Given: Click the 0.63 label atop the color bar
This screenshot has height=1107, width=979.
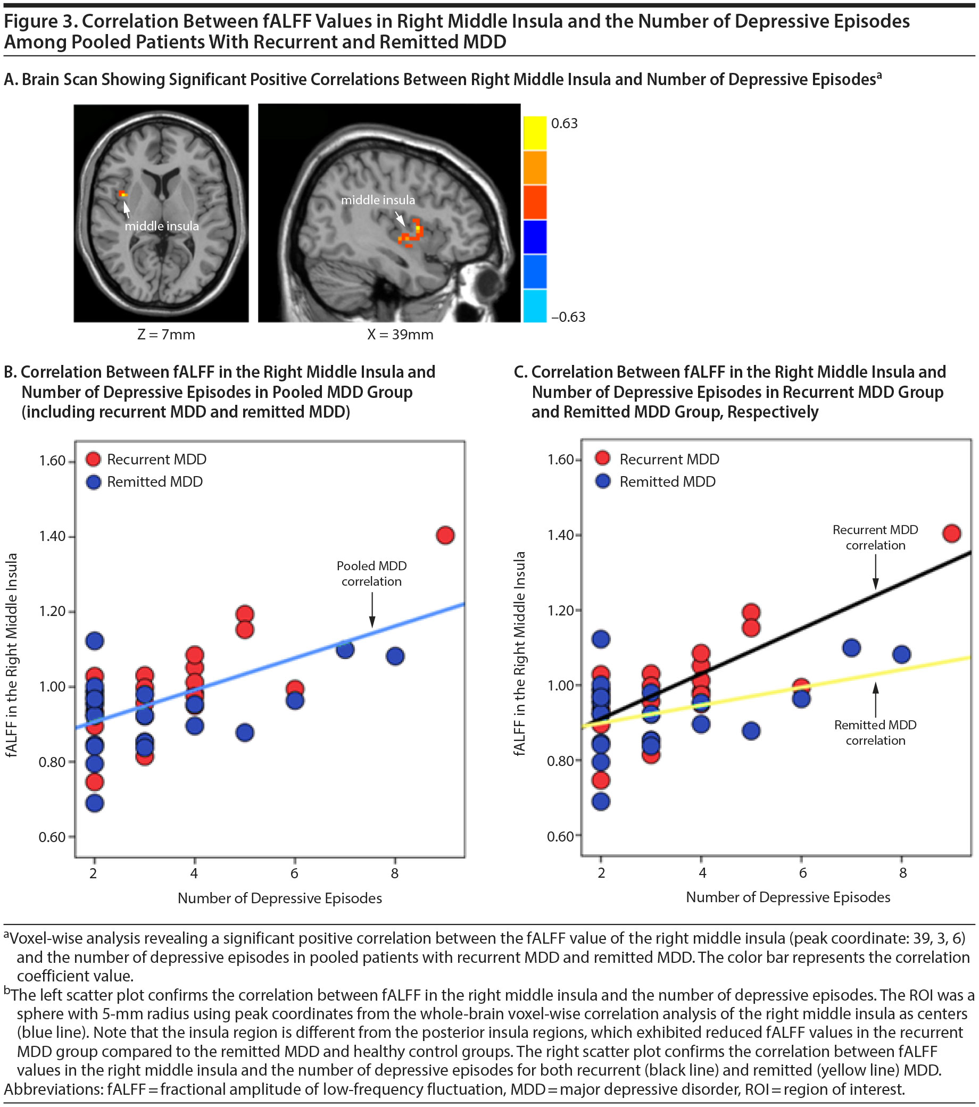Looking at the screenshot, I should [x=564, y=123].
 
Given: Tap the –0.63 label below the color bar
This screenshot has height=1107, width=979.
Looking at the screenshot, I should [x=568, y=317].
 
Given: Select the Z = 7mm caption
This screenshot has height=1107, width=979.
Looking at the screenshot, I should [x=166, y=335].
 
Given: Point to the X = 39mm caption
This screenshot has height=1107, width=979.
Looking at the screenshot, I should [x=400, y=335].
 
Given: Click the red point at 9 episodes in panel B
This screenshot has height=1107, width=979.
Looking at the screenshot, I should [x=445, y=535].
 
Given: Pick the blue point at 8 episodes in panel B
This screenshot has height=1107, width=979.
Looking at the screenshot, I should [x=395, y=656].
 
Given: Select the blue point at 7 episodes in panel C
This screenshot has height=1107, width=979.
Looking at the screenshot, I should [x=851, y=647].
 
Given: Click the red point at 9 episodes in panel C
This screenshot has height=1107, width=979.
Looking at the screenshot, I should [x=951, y=534].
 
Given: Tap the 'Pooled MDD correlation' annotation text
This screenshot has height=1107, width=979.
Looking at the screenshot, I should [x=371, y=573].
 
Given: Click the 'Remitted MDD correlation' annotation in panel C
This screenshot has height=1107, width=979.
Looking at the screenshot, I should [x=875, y=732].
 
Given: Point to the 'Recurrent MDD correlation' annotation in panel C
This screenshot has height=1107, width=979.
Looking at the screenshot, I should [x=875, y=537].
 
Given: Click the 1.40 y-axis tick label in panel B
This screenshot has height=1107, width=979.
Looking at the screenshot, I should [x=52, y=536].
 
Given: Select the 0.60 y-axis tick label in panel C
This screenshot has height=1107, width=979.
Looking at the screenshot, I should [x=560, y=836].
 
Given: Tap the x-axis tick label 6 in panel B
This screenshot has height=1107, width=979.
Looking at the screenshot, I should [x=294, y=873].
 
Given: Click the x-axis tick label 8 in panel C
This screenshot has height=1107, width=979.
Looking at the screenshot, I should [x=902, y=872].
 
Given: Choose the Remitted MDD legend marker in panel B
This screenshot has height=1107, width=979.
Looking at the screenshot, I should [x=94, y=482].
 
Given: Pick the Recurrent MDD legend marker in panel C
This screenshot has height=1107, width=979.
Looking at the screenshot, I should [x=602, y=459].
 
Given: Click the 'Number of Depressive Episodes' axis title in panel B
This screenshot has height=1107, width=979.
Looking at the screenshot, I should [x=279, y=898].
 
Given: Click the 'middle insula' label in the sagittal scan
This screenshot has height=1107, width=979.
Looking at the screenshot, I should [x=378, y=200].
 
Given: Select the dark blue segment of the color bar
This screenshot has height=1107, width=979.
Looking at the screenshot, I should [x=535, y=237].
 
